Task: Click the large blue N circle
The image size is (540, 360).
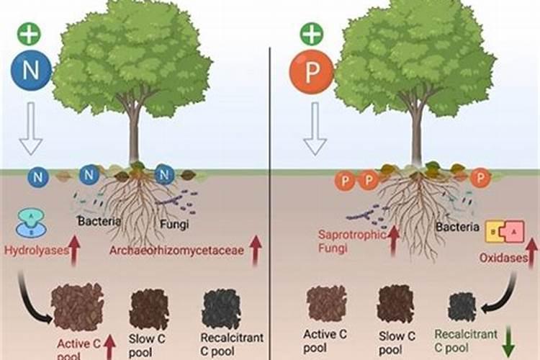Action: pyautogui.click(x=30, y=70)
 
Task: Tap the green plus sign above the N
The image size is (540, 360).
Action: pyautogui.click(x=29, y=33)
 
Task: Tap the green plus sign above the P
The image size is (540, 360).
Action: pyautogui.click(x=309, y=33)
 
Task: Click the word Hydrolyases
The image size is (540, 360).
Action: pyautogui.click(x=33, y=251)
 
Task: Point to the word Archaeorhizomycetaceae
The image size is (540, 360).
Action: pyautogui.click(x=176, y=251)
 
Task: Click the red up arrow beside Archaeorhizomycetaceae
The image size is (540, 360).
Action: pyautogui.click(x=255, y=248)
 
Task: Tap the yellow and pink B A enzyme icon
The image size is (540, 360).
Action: pyautogui.click(x=503, y=232)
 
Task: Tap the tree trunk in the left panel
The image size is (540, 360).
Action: pyautogui.click(x=134, y=137)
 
